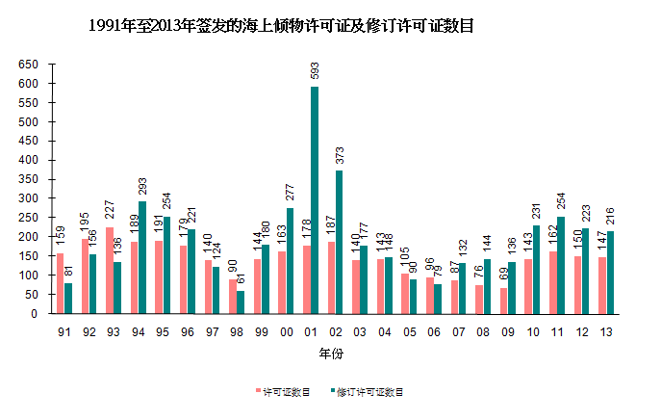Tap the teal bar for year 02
coord(340,242)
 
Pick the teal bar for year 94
coord(142,257)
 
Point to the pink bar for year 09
coord(504,301)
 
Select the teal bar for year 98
coord(241,302)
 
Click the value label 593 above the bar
coord(315,72)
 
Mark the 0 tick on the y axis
coord(36,314)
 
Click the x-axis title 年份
coord(332,354)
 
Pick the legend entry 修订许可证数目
coord(369,392)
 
